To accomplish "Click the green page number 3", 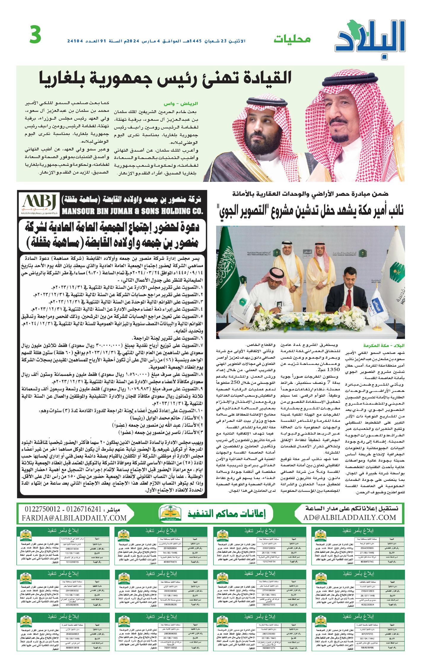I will (x=35, y=35).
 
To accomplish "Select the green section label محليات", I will (x=292, y=39).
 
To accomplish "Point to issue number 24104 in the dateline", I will (x=75, y=41).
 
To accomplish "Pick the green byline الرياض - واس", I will (x=181, y=104).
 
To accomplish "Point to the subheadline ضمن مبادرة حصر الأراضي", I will (x=310, y=194).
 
